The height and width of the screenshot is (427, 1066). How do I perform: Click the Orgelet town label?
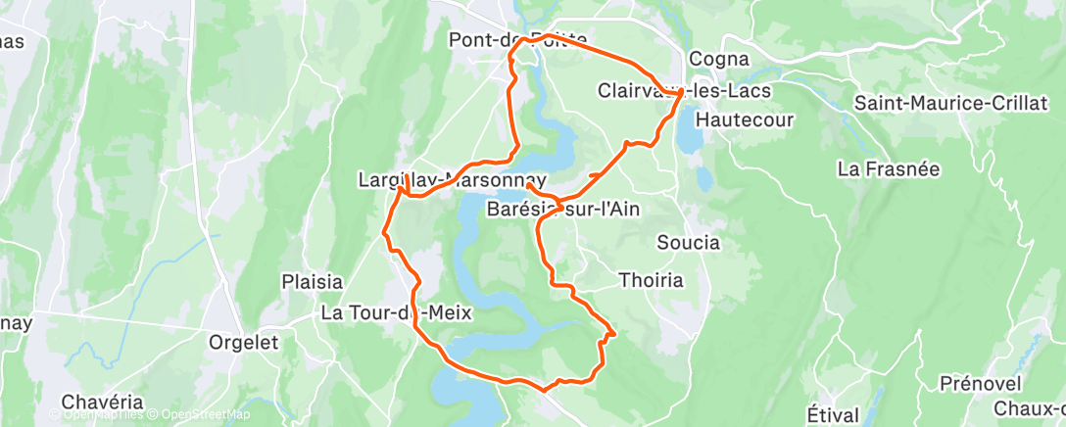point(244,343)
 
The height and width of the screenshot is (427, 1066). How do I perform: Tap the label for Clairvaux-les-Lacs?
point(683,90)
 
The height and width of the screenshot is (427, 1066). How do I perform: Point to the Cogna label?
point(719,59)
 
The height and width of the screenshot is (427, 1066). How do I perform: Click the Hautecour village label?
point(744,119)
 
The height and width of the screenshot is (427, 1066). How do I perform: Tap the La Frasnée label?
point(889,168)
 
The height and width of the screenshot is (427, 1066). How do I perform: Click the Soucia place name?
point(688,242)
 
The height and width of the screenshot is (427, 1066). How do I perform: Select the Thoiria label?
point(651,280)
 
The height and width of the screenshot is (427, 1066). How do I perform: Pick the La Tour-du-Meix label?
point(397,313)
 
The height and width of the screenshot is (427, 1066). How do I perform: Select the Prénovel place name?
point(980,382)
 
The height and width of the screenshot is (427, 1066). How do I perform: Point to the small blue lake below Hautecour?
point(703,177)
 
